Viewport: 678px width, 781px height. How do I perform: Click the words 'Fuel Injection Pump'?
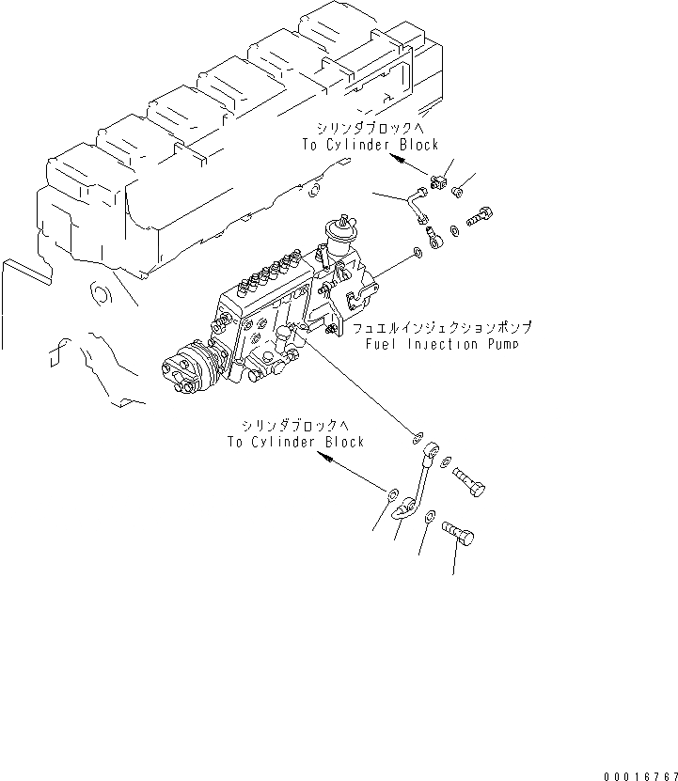pos(444,344)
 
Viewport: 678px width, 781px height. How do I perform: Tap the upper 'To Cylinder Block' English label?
pos(370,145)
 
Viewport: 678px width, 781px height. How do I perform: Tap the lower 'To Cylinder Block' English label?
pos(294,441)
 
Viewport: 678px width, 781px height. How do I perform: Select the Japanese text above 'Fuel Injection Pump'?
pos(442,328)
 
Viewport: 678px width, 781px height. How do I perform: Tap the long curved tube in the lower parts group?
pos(416,484)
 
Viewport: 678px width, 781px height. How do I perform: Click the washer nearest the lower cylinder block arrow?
pos(391,492)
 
